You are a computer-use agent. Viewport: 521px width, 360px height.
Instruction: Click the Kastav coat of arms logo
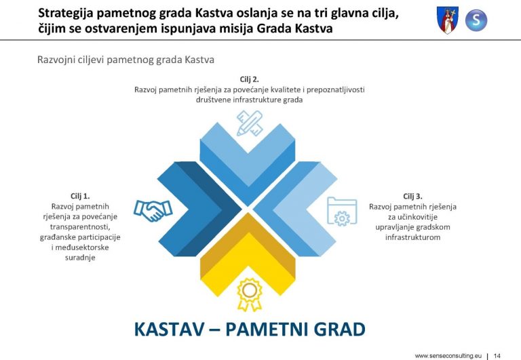pyautogui.click(x=447, y=20)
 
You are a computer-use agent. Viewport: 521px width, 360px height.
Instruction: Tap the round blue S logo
pyautogui.click(x=476, y=20)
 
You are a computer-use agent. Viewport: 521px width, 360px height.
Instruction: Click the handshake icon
pyautogui.click(x=153, y=211)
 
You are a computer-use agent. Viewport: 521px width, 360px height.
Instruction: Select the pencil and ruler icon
pyautogui.click(x=250, y=123)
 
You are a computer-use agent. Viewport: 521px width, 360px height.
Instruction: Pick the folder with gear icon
pyautogui.click(x=342, y=212)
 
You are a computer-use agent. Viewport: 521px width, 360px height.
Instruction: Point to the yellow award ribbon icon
pyautogui.click(x=250, y=295)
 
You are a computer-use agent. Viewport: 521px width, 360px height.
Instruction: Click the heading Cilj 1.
pyautogui.click(x=80, y=197)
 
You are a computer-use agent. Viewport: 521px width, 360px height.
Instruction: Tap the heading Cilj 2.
pyautogui.click(x=249, y=79)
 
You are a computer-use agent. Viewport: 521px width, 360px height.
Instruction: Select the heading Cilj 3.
pyautogui.click(x=412, y=197)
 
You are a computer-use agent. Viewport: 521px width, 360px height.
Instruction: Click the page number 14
pyautogui.click(x=497, y=356)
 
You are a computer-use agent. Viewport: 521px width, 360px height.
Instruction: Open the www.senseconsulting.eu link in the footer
pyautogui.click(x=448, y=356)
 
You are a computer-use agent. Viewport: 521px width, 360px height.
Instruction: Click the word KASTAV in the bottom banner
pyautogui.click(x=170, y=329)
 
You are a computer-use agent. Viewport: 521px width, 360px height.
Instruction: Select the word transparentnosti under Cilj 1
pyautogui.click(x=80, y=227)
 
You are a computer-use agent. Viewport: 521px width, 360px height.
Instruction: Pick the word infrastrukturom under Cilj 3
pyautogui.click(x=412, y=237)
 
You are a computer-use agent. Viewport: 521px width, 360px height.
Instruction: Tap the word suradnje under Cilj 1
pyautogui.click(x=80, y=258)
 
